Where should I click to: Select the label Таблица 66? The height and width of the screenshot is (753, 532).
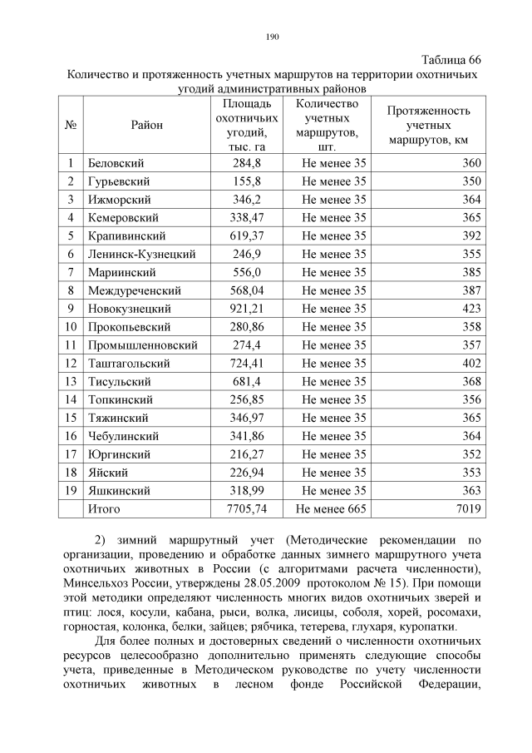pyautogui.click(x=451, y=60)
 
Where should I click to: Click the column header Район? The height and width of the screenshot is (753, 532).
pyautogui.click(x=146, y=125)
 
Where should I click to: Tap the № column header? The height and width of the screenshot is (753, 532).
pyautogui.click(x=71, y=125)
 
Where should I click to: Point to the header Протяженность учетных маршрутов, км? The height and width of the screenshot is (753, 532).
pyautogui.click(x=429, y=125)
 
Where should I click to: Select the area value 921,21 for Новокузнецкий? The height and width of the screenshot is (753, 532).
pyautogui.click(x=247, y=308)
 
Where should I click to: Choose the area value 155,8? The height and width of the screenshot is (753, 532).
pyautogui.click(x=247, y=181)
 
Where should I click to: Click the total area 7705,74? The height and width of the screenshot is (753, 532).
pyautogui.click(x=247, y=508)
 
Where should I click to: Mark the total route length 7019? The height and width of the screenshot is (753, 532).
pyautogui.click(x=469, y=508)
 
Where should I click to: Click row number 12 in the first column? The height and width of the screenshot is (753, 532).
pyautogui.click(x=71, y=363)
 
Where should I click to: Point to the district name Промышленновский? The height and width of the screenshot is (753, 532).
pyautogui.click(x=143, y=344)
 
